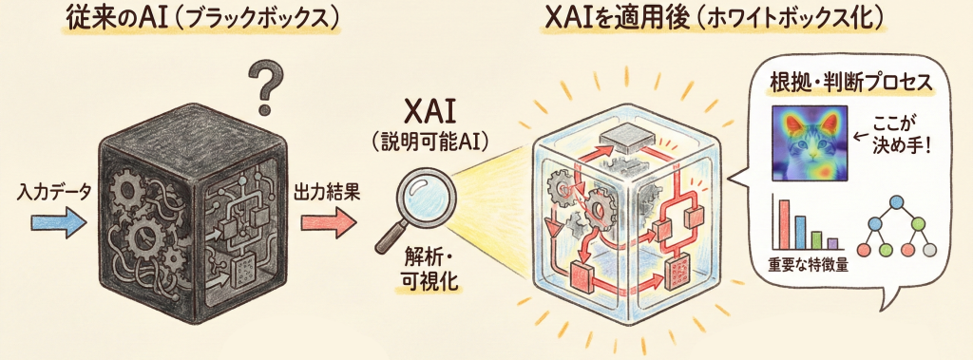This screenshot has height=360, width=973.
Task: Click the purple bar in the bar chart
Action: [832, 243]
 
